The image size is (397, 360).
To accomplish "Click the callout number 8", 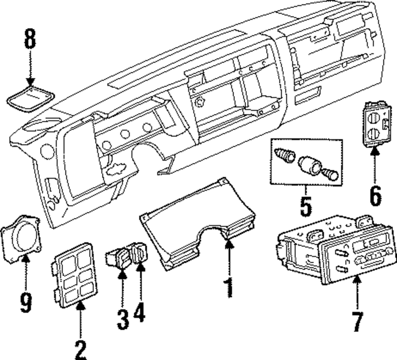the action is pos(30,39).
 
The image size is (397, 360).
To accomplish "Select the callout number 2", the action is pos(81,350).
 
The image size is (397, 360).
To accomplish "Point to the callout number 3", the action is pos(123,320).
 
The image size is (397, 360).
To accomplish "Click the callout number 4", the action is pos(139,312).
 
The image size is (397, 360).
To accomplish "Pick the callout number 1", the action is pos(229,288).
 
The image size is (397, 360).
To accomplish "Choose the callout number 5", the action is pos(306,206).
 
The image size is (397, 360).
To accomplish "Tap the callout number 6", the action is pos(375,195).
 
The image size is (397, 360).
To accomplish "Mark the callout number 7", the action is pos(357,321).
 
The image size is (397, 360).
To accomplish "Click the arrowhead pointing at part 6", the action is pos(375,151).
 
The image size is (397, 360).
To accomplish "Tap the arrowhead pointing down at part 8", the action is pos(31,81).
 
